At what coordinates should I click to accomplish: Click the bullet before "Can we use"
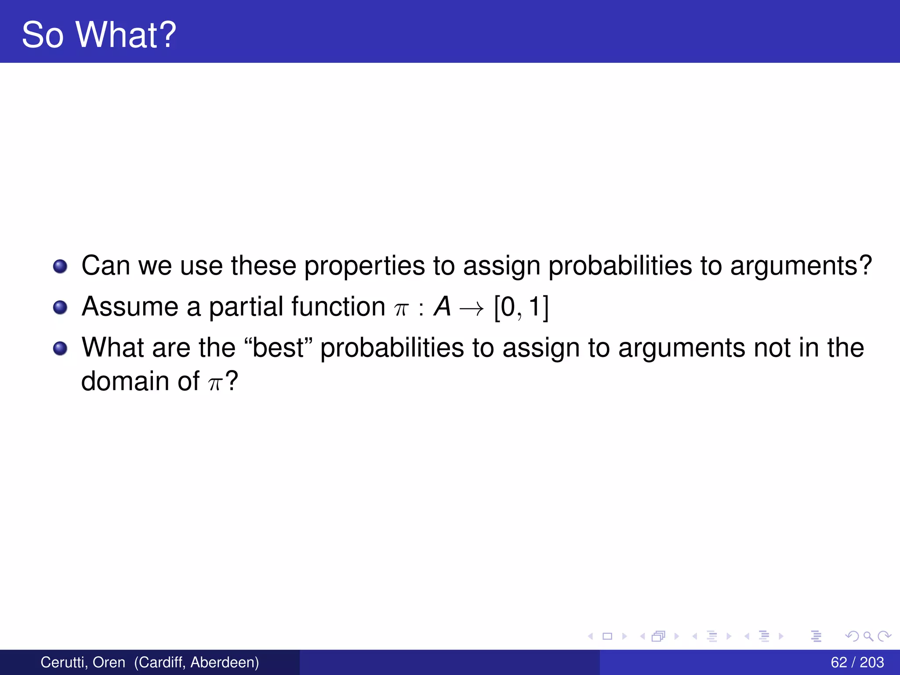point(60,266)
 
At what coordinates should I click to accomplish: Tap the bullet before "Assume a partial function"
point(60,308)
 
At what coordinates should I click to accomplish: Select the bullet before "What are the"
point(60,348)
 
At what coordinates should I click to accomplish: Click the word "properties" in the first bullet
point(364,266)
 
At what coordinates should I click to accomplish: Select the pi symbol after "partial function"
point(401,309)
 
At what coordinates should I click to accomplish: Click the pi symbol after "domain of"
point(215,383)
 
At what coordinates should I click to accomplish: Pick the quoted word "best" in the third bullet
point(278,348)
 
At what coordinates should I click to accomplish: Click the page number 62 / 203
point(857,662)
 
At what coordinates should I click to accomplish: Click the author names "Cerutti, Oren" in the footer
point(83,662)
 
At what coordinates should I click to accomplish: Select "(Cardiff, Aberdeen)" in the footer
point(196,662)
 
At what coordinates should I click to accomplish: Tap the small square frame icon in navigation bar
point(607,636)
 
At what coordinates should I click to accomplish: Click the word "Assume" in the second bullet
point(130,307)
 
